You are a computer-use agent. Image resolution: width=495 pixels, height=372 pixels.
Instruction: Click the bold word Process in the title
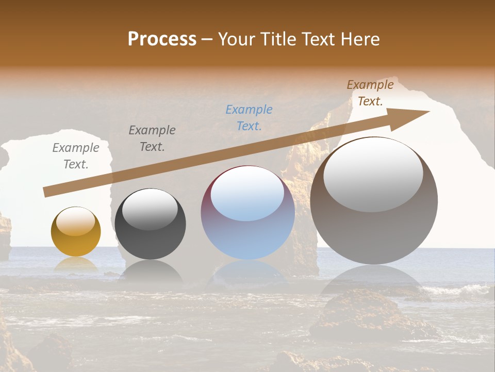(x=162, y=39)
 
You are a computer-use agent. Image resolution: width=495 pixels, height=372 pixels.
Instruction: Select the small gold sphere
(x=76, y=232)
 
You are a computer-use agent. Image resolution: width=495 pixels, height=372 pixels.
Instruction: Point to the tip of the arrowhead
(x=429, y=112)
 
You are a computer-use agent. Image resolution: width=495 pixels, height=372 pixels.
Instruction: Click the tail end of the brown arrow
(x=45, y=192)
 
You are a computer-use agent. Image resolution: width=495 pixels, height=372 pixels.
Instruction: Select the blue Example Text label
(x=249, y=117)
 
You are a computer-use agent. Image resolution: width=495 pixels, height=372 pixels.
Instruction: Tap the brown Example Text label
(x=370, y=93)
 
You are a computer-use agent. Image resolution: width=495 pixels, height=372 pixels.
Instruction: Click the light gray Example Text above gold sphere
(x=76, y=156)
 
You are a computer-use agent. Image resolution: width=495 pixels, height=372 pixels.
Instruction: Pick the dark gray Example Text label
(x=152, y=138)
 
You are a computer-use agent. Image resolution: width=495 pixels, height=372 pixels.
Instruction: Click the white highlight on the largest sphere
(x=373, y=175)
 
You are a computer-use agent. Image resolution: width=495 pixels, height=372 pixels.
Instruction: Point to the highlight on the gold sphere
(x=76, y=221)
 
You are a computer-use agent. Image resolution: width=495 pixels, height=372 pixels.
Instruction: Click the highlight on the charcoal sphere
(x=150, y=209)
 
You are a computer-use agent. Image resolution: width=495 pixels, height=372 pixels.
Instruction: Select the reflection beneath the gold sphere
(x=76, y=265)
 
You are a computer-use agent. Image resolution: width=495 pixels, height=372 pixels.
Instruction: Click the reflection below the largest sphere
(x=374, y=282)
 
